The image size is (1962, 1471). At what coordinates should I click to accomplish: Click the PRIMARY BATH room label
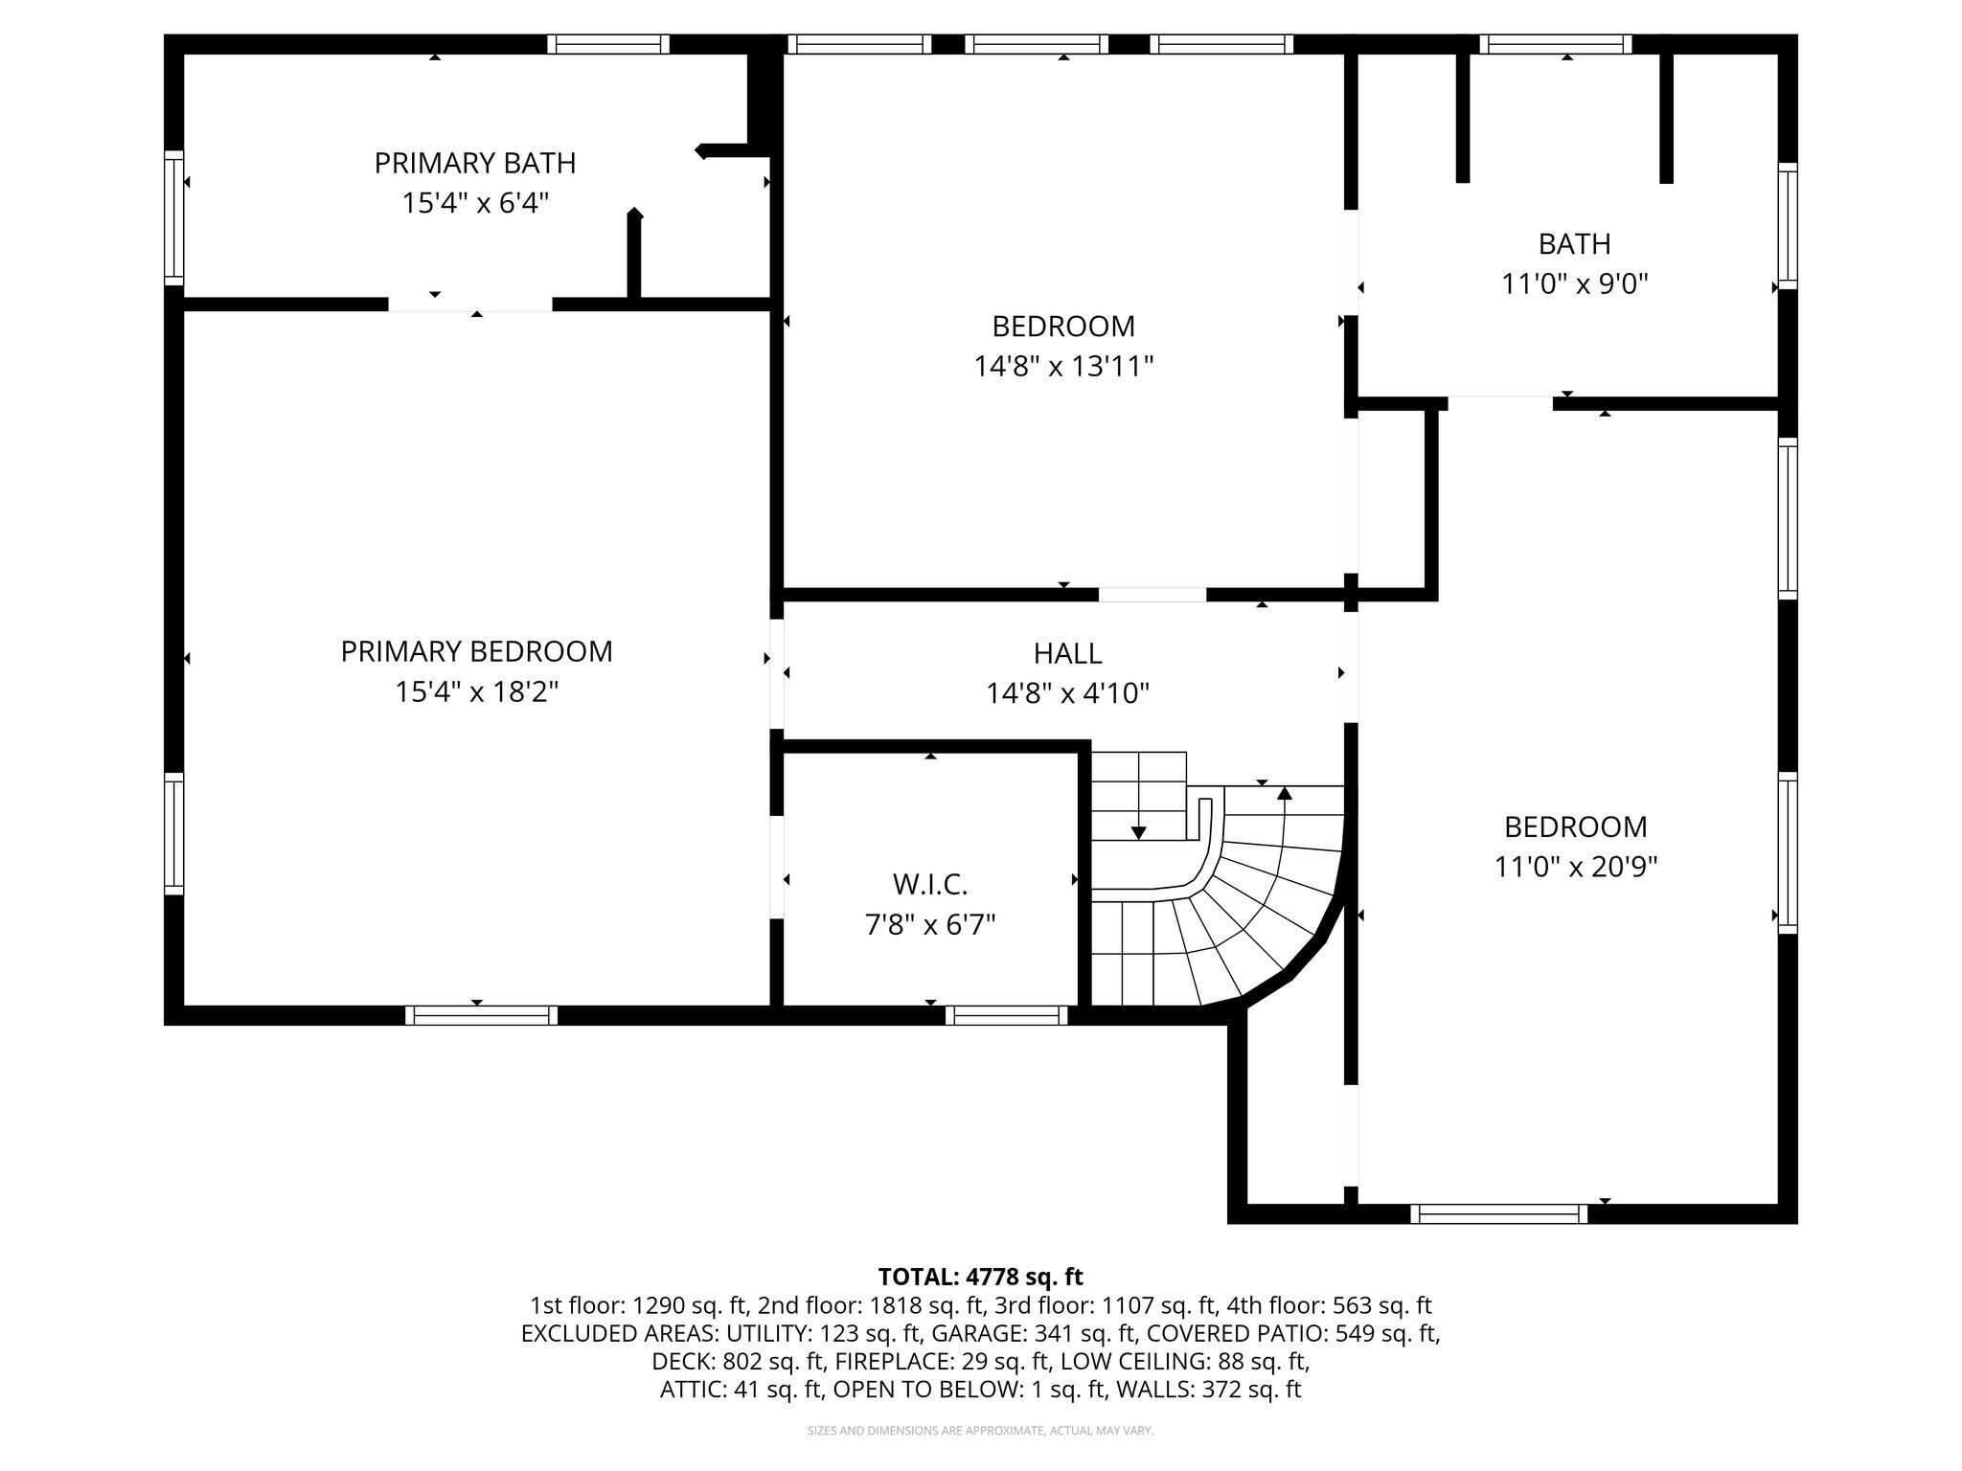point(474,163)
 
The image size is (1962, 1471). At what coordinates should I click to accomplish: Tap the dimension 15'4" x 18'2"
point(476,691)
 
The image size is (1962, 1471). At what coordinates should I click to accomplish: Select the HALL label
point(1067,653)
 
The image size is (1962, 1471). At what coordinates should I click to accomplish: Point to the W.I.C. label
point(929,883)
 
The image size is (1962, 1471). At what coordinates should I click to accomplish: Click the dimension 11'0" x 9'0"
point(1574,284)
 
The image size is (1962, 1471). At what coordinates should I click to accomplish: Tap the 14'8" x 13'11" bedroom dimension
point(1063,367)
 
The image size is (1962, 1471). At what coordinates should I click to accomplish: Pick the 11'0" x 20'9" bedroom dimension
point(1575,867)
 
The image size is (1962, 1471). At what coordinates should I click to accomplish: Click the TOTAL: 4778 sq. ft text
point(980,1277)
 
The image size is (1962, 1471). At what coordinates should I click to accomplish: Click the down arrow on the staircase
point(1138,831)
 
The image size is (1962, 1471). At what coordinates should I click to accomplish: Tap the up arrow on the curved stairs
point(1285,794)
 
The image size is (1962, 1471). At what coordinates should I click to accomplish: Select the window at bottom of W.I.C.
point(1006,1015)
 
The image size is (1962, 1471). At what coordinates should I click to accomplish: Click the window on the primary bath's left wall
point(173,217)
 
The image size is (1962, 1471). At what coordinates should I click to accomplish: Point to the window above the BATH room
point(1555,44)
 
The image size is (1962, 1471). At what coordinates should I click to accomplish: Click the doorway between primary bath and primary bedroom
point(469,305)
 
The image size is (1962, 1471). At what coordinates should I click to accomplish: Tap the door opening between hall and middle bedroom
point(1152,595)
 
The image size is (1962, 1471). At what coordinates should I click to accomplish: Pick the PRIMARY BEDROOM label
point(476,651)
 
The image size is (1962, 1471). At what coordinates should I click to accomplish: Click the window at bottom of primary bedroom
point(481,1015)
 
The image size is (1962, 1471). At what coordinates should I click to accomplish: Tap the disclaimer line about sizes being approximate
point(980,1431)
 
